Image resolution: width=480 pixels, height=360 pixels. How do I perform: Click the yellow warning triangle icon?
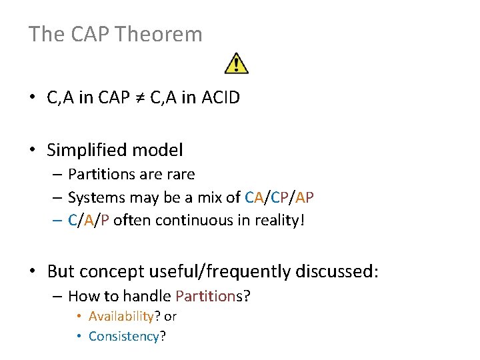[237, 63]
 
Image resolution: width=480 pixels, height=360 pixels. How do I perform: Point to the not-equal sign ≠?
[138, 98]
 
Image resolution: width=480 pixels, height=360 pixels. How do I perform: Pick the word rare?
[181, 175]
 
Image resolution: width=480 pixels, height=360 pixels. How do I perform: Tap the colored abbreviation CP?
[280, 197]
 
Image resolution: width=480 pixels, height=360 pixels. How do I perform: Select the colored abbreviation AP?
[305, 197]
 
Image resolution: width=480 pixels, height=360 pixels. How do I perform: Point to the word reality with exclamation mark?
[279, 220]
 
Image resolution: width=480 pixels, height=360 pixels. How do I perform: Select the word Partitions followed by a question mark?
[212, 296]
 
